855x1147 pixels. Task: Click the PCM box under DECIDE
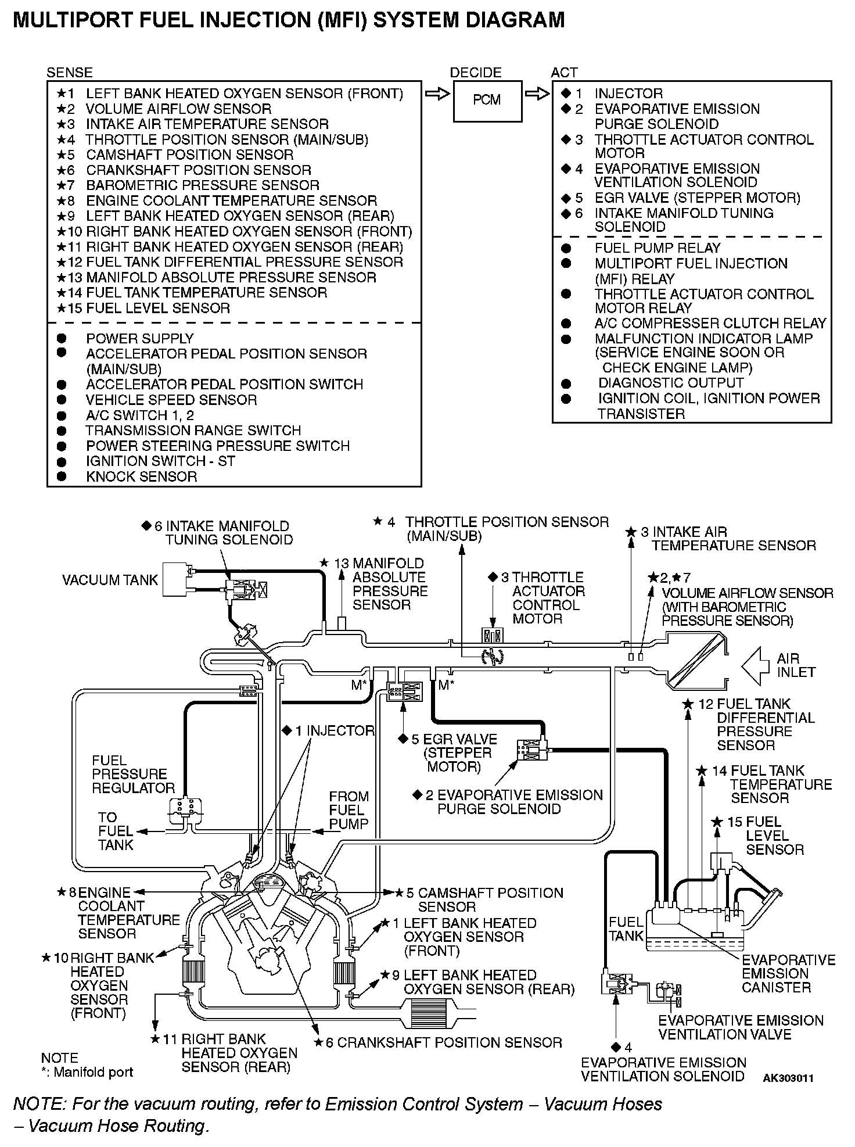[x=487, y=101]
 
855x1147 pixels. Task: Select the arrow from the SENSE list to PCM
[x=436, y=94]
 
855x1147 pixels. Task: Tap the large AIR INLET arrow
[x=756, y=665]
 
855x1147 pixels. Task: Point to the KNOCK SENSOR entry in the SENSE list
[x=141, y=477]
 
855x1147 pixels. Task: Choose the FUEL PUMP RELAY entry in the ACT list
[x=657, y=248]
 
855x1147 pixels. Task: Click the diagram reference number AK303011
[x=788, y=1078]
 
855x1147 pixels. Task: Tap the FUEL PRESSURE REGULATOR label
[x=133, y=774]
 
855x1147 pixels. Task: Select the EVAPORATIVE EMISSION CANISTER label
[x=788, y=973]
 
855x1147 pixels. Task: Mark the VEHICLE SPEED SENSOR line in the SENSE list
[x=171, y=400]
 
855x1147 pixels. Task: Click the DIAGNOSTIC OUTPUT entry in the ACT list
[x=670, y=383]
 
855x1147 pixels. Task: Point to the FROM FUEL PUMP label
[x=349, y=810]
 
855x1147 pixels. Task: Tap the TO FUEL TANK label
[x=116, y=831]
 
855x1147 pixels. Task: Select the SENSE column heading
[x=69, y=73]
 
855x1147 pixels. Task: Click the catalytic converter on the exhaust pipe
[x=430, y=1015]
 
